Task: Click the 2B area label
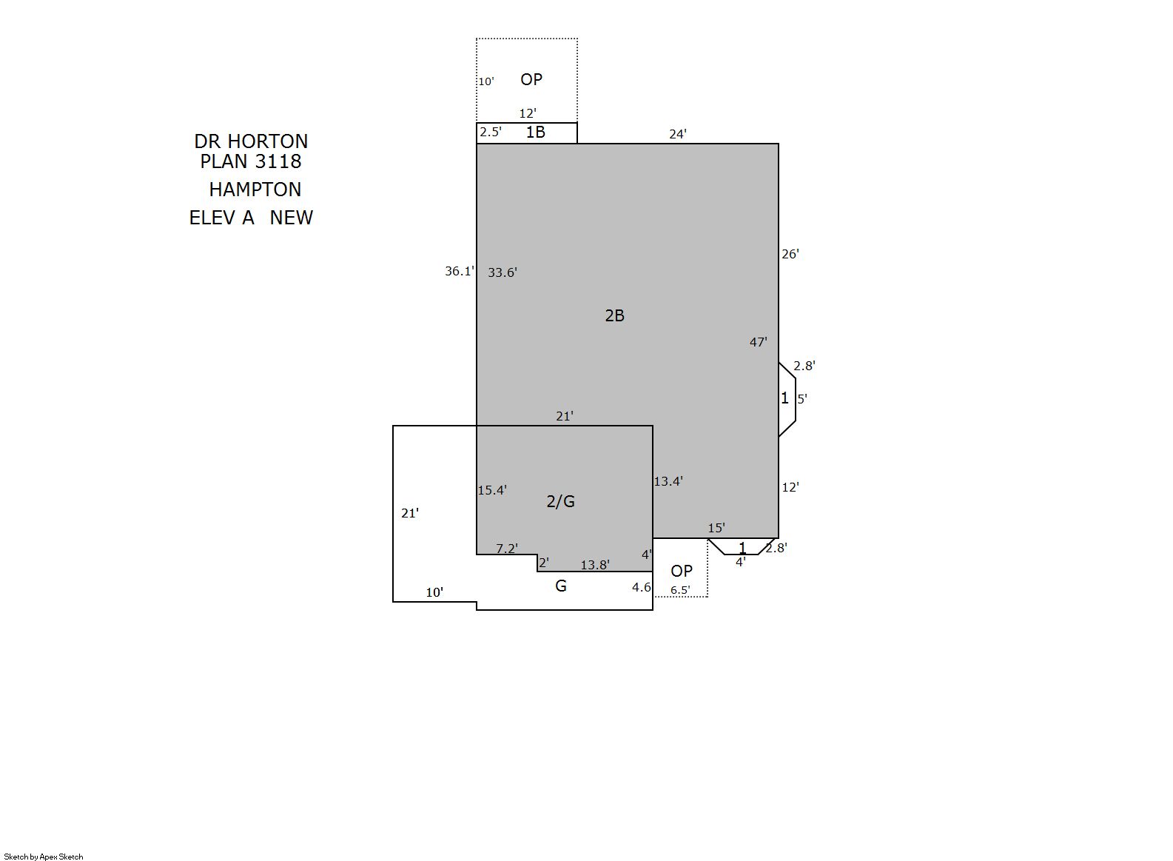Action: tap(615, 315)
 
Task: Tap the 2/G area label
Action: tap(560, 501)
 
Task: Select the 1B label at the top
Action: tap(535, 132)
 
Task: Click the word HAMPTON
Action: tap(255, 189)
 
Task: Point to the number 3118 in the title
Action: tap(278, 161)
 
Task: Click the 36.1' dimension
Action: tap(460, 271)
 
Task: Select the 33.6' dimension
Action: tap(503, 272)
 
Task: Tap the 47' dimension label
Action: tap(759, 342)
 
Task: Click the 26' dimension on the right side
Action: tap(790, 254)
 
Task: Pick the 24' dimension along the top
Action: tap(678, 134)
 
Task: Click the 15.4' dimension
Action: tap(491, 489)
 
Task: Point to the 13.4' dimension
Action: tap(668, 480)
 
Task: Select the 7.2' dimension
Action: tap(507, 548)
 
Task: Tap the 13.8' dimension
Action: tap(595, 565)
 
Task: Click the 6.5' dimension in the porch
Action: tap(680, 590)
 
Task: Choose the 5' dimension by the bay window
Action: tap(802, 398)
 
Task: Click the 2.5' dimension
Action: tap(491, 132)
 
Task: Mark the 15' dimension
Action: tap(716, 528)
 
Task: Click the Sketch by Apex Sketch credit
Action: tap(44, 857)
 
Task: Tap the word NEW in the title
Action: tap(291, 218)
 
